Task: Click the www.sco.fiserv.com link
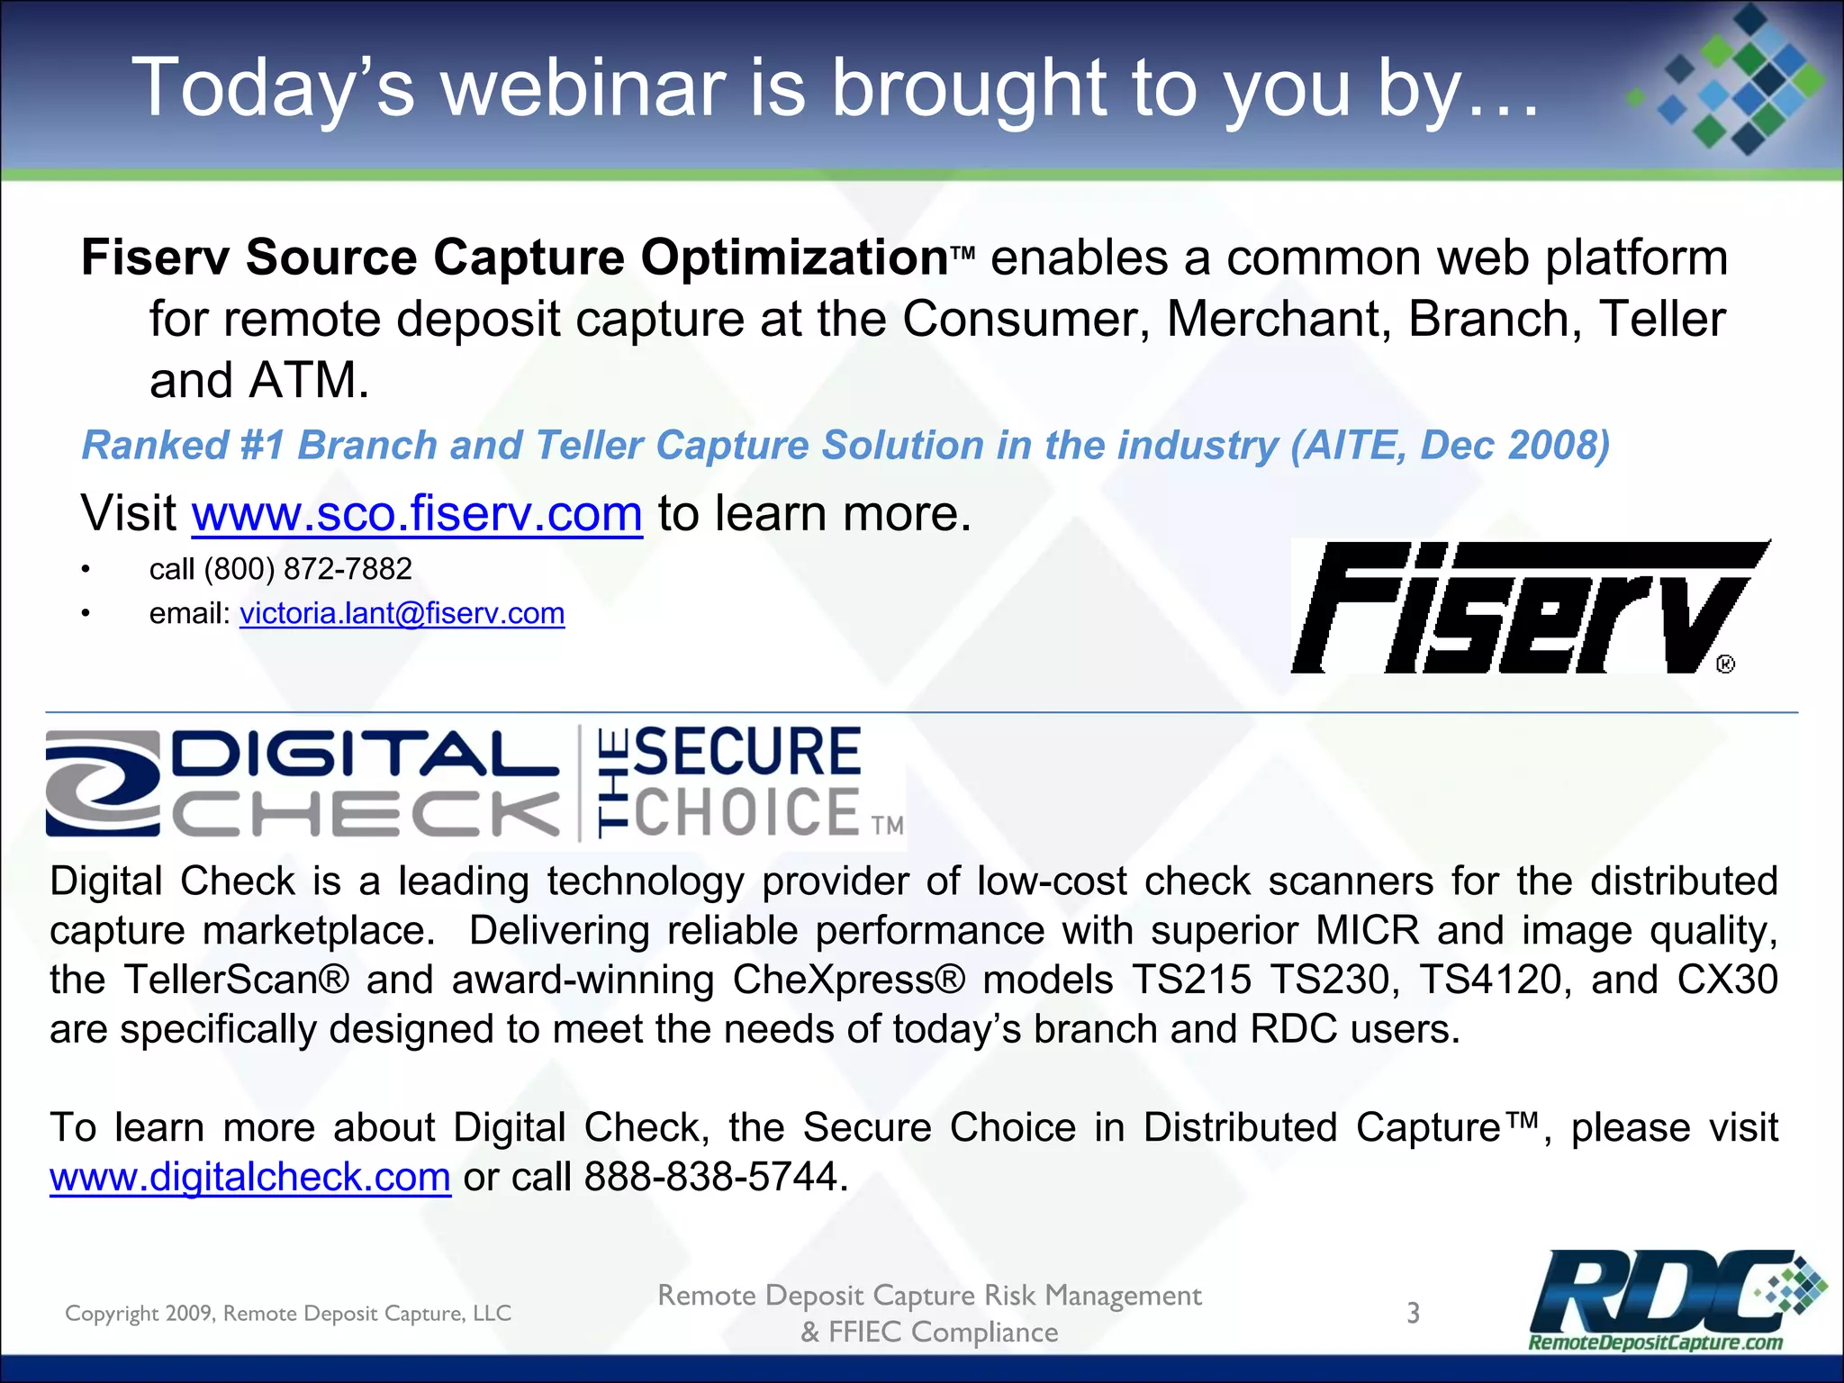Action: coord(417,514)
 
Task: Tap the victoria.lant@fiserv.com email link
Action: coord(402,613)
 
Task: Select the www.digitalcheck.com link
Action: coord(249,1177)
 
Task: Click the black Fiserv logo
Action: coord(1522,608)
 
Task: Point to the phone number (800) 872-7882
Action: coord(308,569)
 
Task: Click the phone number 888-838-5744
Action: coord(710,1177)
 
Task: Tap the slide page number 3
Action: coord(1414,1313)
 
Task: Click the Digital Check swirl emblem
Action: coord(102,783)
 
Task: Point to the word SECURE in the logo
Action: coord(747,752)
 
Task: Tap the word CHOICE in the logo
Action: coord(747,812)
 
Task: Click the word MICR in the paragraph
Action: coord(1367,931)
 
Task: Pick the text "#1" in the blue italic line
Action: coord(262,446)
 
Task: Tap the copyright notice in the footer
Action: coord(288,1314)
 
